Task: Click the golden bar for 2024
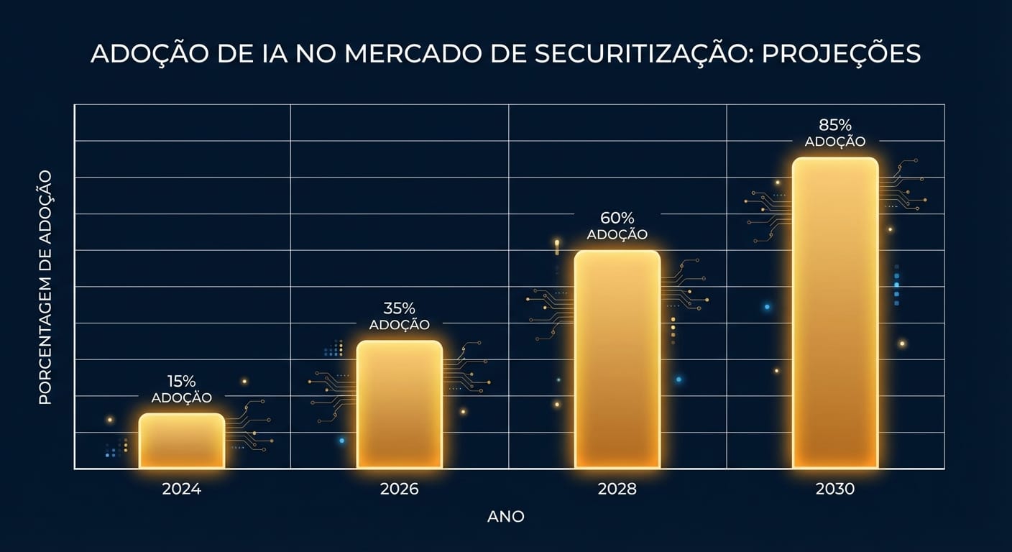pos(181,441)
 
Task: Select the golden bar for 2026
pos(400,404)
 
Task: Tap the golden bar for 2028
pos(617,359)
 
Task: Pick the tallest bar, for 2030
pos(835,313)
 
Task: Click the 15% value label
pos(181,381)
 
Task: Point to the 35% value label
pos(399,308)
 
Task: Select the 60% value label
pos(617,218)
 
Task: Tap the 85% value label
pos(835,125)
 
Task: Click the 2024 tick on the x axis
pos(181,489)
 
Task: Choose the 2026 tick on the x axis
pos(399,489)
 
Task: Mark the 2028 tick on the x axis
pos(617,489)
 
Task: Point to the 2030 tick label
pos(835,489)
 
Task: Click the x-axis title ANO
pos(506,516)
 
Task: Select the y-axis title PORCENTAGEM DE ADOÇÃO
pos(45,287)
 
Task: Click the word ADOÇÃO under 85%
pos(835,142)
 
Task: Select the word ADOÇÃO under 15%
pos(181,397)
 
